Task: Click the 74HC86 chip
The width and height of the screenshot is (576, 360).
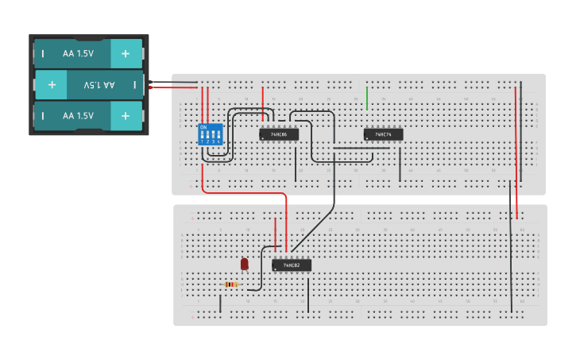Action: pos(278,134)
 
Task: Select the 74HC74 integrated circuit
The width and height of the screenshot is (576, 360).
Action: pos(383,134)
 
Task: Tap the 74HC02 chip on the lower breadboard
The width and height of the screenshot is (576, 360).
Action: pos(292,265)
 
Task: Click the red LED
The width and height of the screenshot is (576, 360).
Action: pos(244,263)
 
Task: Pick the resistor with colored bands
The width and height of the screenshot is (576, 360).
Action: pos(230,284)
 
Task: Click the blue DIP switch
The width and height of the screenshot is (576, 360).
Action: pos(209,134)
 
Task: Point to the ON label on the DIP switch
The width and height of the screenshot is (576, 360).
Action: pos(203,127)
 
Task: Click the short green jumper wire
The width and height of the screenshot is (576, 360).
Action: pos(367,97)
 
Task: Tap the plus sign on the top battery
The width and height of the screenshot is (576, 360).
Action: pos(125,54)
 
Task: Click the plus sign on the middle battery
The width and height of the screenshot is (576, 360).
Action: pos(52,84)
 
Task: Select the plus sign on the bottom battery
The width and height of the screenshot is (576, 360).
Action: pos(125,116)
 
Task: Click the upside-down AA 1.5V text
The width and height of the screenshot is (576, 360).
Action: pos(99,84)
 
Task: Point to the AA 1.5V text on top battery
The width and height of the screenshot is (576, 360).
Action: pos(78,54)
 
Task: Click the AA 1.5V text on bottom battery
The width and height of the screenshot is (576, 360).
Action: pos(78,116)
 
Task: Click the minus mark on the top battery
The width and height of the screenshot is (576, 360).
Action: pos(43,54)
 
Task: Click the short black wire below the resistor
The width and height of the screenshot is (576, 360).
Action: pos(221,304)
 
